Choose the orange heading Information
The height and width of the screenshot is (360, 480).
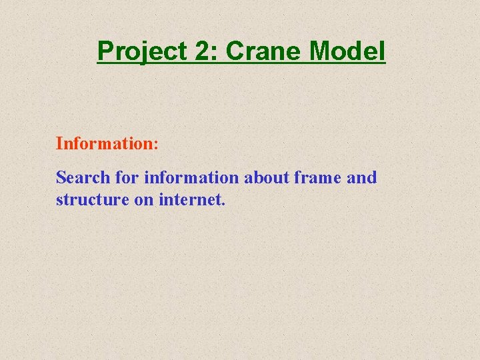[x=105, y=143]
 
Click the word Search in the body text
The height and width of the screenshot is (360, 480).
[x=82, y=178]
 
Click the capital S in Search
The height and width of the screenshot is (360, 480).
[x=61, y=178]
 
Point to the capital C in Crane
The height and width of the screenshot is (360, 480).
[x=235, y=51]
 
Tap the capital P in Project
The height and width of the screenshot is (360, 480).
[x=103, y=51]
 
